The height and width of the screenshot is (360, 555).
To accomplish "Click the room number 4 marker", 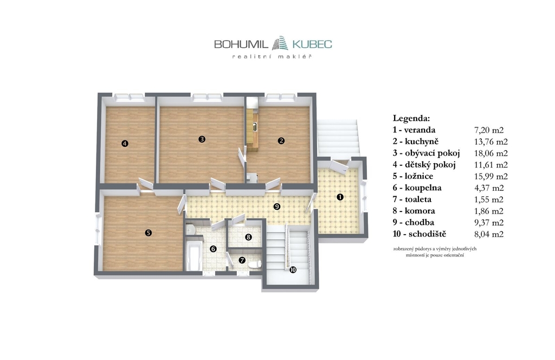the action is coord(124,143).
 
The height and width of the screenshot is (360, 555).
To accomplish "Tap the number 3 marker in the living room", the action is coord(202,139).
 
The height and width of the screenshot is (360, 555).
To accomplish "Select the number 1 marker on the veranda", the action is coord(340,197).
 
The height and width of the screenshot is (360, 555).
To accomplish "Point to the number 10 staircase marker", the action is coord(293,270).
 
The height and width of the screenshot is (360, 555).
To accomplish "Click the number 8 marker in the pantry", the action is coord(248,237).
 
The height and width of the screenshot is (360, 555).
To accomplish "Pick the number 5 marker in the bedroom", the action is coord(149,233).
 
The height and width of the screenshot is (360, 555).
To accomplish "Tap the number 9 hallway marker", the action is coord(277,206).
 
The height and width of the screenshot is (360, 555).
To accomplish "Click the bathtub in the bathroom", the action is coord(194,255).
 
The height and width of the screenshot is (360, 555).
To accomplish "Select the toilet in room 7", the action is coord(255,264).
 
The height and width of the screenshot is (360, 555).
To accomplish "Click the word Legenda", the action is coord(411,118).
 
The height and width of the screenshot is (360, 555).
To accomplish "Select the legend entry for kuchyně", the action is coord(416,142).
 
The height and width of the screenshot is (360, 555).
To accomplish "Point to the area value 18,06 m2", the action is coord(491,153).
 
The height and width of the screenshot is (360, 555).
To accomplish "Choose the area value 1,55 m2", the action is coord(489,200).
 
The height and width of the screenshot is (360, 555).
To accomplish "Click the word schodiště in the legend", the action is coord(427,234).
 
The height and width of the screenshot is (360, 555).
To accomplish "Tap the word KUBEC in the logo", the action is coord(312,44).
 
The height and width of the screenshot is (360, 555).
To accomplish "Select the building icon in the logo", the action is coord(280,42).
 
